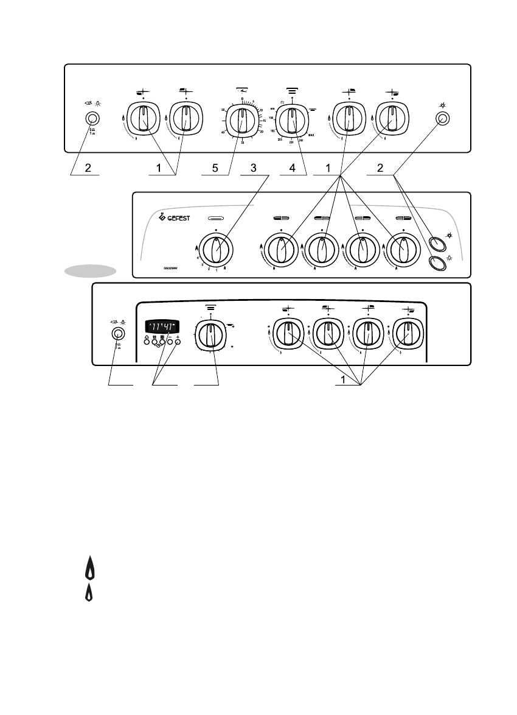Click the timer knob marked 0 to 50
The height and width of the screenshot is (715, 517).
tap(243, 119)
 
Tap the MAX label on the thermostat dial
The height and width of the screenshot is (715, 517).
tap(311, 136)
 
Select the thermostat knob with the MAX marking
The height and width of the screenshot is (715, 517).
tap(292, 119)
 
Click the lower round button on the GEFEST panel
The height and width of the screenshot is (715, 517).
tap(435, 262)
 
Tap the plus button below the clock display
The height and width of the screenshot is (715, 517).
tap(178, 342)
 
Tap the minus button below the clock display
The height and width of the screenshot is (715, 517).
tap(170, 342)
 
